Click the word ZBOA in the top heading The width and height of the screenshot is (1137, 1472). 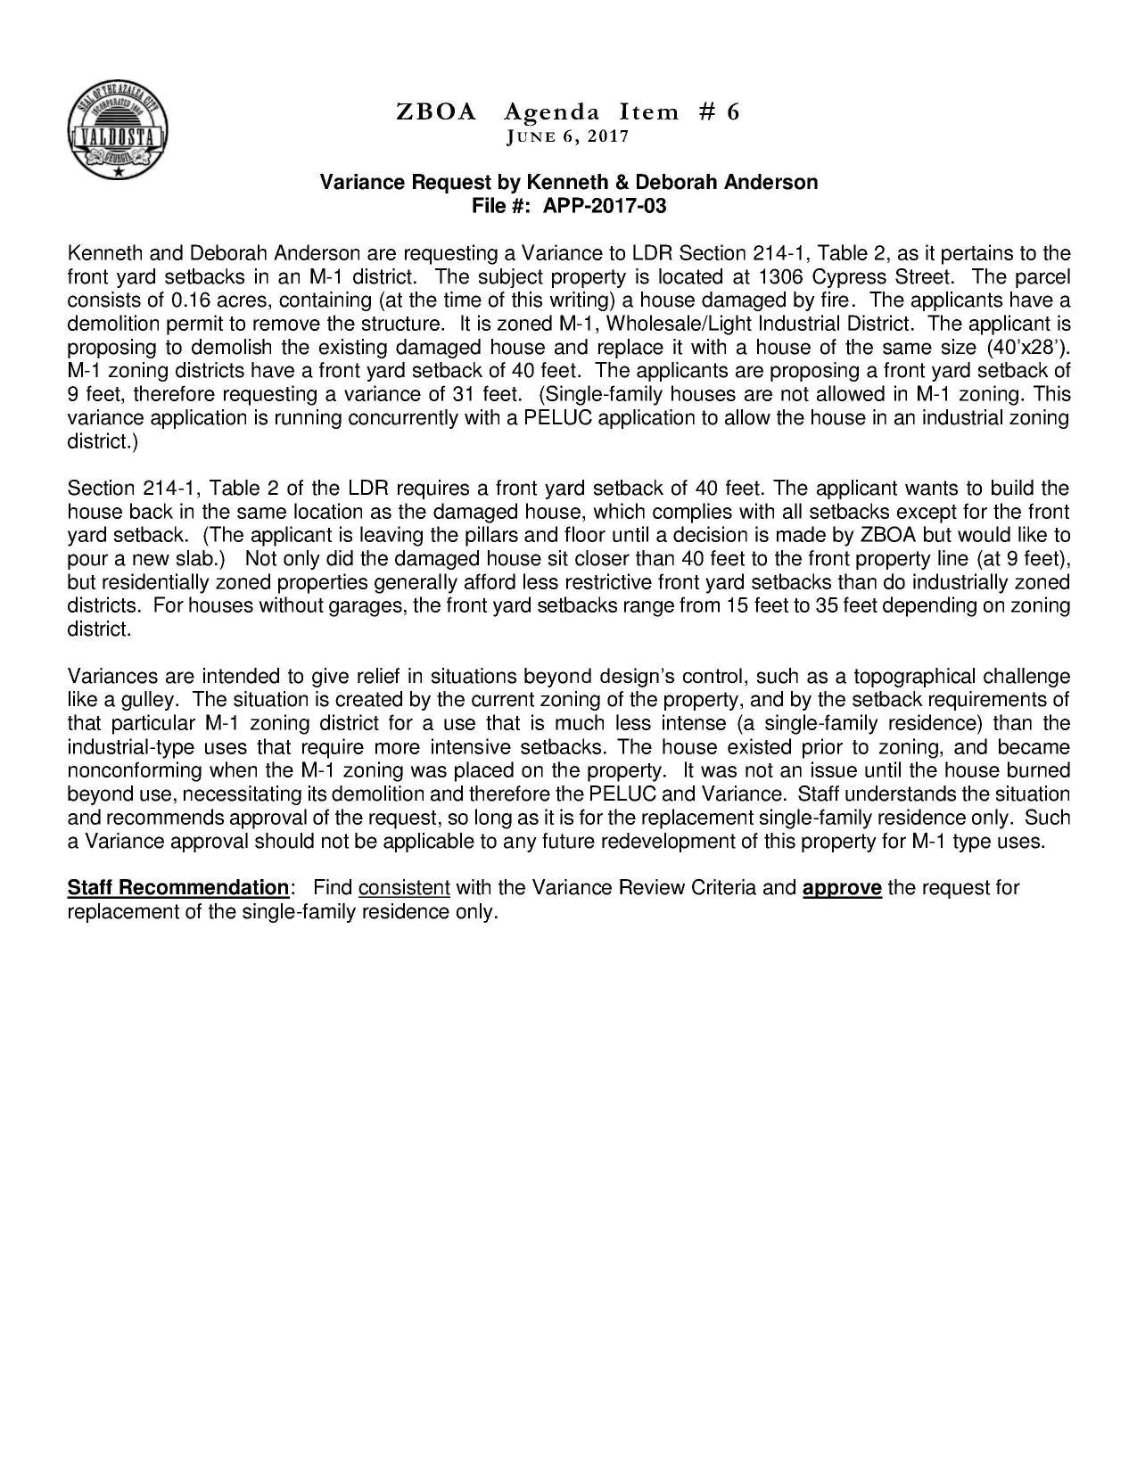(435, 112)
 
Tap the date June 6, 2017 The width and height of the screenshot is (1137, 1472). (567, 136)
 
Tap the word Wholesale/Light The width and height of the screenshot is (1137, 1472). (671, 323)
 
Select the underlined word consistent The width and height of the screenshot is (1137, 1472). (404, 888)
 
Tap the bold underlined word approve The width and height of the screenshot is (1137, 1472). (843, 888)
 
